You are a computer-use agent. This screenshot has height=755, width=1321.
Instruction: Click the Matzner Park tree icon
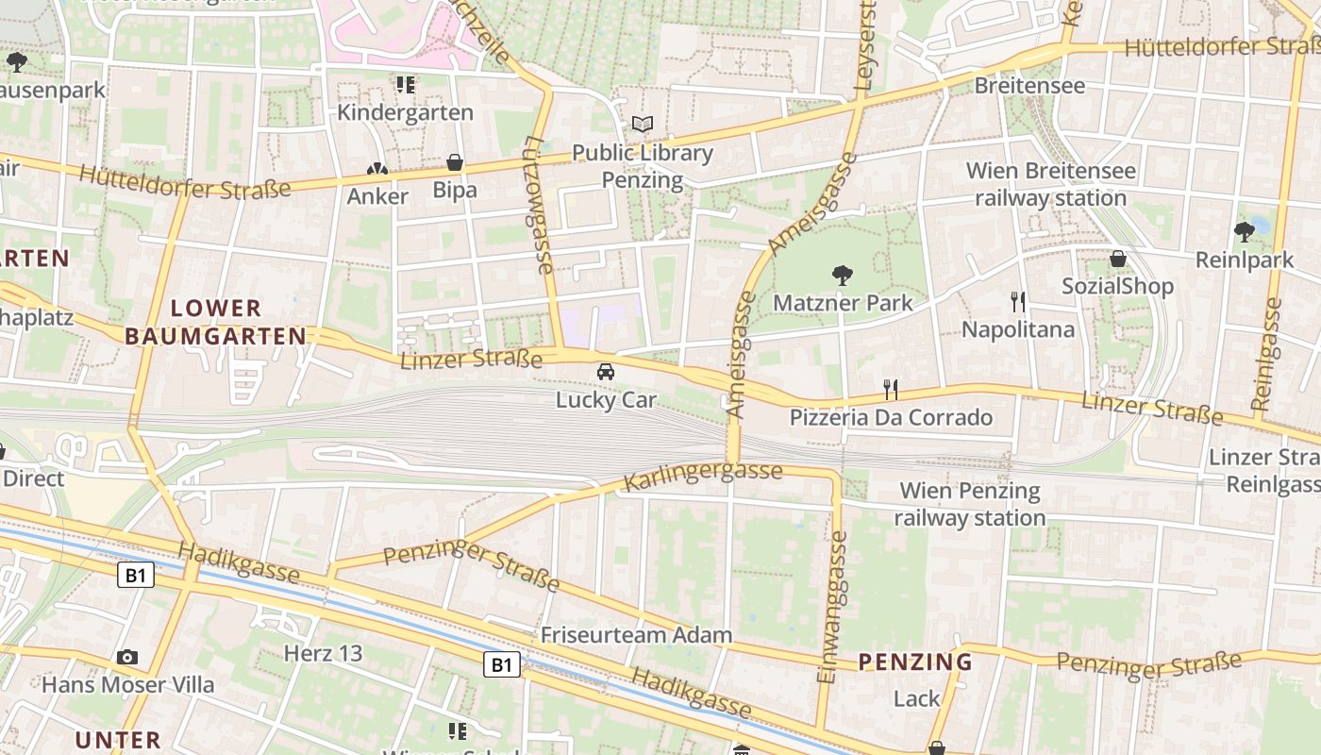pos(843,276)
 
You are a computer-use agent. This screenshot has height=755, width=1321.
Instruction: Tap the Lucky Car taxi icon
pos(606,372)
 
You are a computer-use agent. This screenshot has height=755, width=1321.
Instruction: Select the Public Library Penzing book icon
pos(643,125)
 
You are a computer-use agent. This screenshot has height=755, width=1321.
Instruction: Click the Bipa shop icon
pos(455,163)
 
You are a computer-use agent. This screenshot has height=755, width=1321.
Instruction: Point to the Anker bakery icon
pos(376,169)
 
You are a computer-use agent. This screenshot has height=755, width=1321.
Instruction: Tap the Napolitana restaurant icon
pos(1017,302)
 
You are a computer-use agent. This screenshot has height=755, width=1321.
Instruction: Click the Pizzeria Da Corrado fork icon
pos(890,389)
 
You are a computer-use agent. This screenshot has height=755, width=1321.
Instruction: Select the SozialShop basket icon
pos(1118,259)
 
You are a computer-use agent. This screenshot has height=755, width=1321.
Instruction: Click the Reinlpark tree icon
pos(1244,231)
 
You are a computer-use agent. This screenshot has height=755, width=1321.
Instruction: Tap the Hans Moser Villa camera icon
pos(127,657)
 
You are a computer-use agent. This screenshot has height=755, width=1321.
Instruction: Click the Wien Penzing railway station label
pos(970,504)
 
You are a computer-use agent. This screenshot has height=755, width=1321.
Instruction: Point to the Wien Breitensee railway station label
pos(1050,184)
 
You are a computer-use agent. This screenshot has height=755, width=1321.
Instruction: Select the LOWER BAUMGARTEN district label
pos(216,322)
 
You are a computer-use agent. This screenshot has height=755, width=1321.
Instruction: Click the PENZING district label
pos(915,662)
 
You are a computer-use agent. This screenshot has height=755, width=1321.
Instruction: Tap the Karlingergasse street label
pos(703,477)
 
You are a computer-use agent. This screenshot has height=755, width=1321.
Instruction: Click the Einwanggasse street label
pos(831,606)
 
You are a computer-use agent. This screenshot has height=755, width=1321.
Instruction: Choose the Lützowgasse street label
pos(536,205)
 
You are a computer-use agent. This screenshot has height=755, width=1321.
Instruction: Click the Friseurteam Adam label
pos(636,635)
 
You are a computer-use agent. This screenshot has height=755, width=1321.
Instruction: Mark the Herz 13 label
pos(323,653)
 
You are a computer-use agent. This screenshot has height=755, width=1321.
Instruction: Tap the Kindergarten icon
pos(406,85)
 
